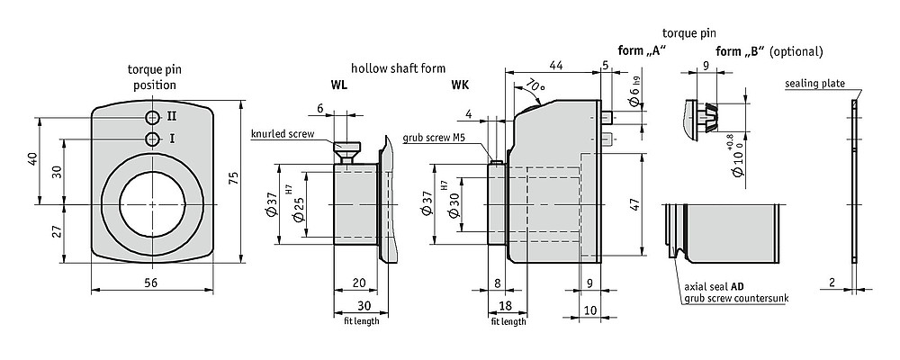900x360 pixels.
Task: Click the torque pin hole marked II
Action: pos(153,118)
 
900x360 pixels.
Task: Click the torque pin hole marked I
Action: pos(153,139)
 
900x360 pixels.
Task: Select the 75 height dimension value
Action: pos(233,177)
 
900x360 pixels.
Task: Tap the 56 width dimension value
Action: pos(151,282)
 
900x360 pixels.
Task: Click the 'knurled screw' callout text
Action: pos(283,134)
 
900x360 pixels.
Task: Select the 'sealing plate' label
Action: pos(815,84)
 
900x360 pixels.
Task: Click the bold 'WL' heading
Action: pos(338,85)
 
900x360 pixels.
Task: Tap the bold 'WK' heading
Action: pos(459,85)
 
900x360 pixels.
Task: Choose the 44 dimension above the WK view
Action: pos(555,66)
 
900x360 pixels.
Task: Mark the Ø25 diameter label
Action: pos(298,210)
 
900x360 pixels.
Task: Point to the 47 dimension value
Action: pos(634,206)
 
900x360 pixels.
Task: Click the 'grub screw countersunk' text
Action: pos(736,298)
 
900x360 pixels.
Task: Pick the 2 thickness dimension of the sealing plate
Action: pos(831,282)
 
